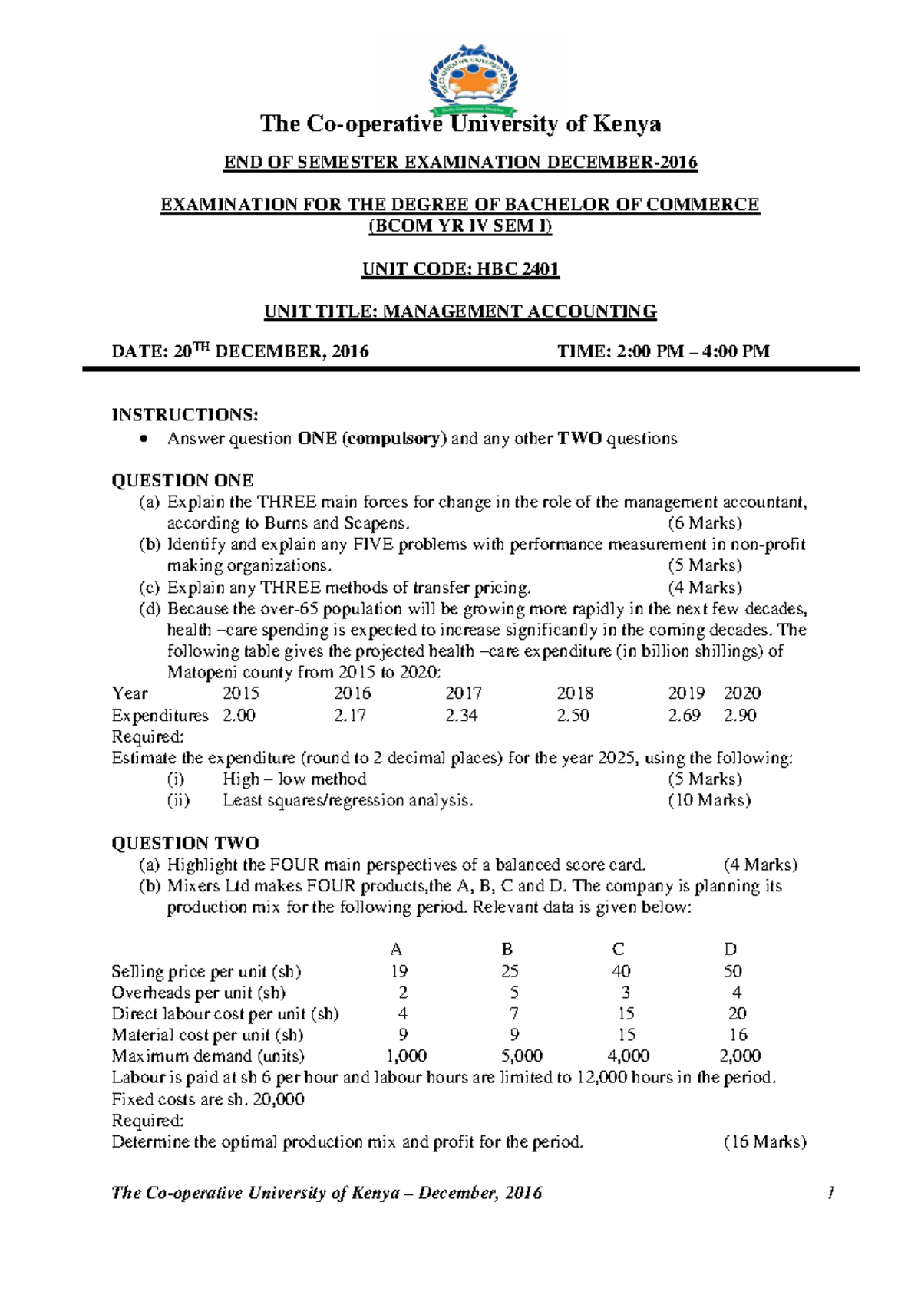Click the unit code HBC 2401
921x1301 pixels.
(x=518, y=269)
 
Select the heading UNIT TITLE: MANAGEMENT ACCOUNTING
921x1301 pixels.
(x=460, y=311)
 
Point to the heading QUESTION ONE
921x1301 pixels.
(x=183, y=481)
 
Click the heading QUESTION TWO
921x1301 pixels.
(x=185, y=843)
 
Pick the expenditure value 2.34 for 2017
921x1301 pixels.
(x=462, y=716)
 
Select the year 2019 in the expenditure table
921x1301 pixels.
(x=686, y=693)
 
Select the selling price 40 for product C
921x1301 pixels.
(x=621, y=971)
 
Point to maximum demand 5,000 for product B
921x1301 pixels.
(x=521, y=1056)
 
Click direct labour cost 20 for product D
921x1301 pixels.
(x=737, y=1014)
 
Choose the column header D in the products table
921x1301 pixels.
(x=731, y=949)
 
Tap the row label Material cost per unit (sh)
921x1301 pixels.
(x=207, y=1036)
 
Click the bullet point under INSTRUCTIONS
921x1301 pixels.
(x=142, y=440)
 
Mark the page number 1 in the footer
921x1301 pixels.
(x=830, y=1193)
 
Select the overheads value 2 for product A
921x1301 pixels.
(x=403, y=993)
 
